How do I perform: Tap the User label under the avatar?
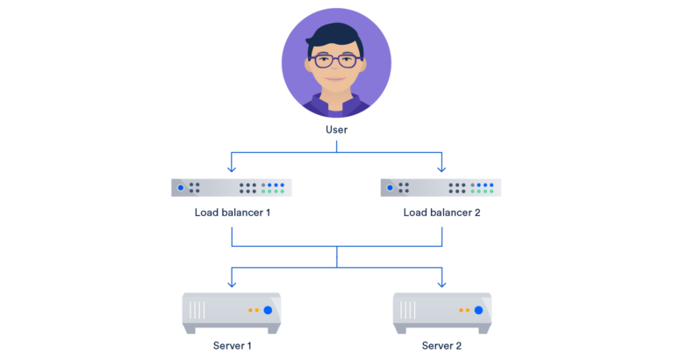point(336,129)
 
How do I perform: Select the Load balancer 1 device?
point(232,187)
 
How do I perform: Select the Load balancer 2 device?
point(441,187)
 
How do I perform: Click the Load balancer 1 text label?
point(232,212)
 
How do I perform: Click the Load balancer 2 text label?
point(441,212)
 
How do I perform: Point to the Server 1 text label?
point(232,345)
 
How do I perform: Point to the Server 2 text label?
point(441,345)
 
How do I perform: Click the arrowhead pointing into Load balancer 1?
point(232,168)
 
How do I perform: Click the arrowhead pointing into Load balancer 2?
point(441,168)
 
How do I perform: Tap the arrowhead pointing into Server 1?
point(232,283)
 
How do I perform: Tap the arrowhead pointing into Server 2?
point(441,283)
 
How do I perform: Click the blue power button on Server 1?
point(268,310)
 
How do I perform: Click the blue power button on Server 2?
point(477,310)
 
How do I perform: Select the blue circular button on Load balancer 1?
point(181,187)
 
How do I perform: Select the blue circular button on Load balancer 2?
point(391,187)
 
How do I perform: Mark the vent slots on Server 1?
point(198,310)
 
